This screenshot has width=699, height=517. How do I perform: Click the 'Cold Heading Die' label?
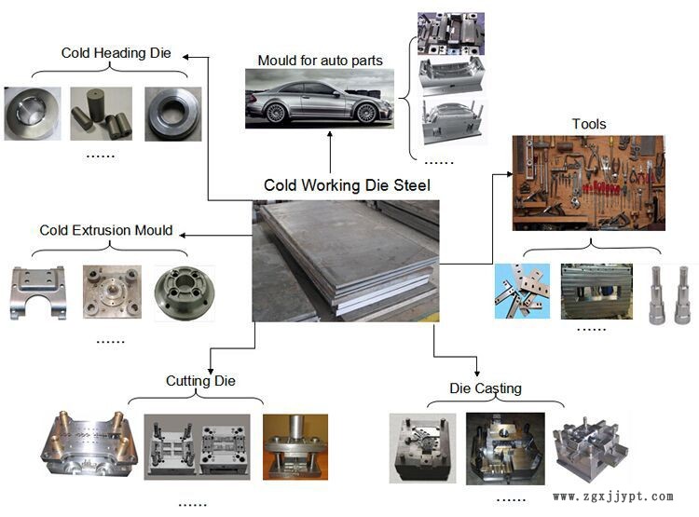coord(116,53)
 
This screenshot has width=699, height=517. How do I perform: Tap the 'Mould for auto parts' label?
coord(320,61)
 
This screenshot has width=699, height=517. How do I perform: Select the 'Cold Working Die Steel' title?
coord(347,185)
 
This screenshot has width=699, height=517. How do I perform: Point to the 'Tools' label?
coord(589,124)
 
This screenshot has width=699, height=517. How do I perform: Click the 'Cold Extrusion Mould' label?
coord(106,230)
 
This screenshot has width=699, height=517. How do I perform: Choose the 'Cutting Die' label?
coord(200,381)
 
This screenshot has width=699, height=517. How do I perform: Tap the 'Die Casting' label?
coord(486,388)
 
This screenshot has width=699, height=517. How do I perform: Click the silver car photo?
coord(319,100)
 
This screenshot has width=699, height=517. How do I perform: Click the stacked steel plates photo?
coord(345,261)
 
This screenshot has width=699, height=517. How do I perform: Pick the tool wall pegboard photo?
coord(588,183)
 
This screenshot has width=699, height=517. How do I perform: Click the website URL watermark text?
coord(612,497)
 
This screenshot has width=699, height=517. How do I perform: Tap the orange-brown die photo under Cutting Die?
coord(295,446)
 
